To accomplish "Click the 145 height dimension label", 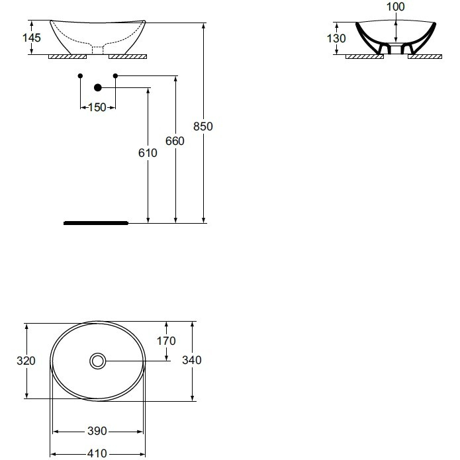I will (x=31, y=38).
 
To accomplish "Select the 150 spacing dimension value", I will (x=97, y=108).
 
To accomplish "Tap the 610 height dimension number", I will (x=148, y=153).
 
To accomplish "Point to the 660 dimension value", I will (x=175, y=141).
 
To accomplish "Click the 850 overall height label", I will (x=203, y=126).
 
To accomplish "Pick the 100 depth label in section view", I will (x=395, y=7).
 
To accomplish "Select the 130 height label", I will (x=336, y=38).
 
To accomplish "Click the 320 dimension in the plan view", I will (x=26, y=360).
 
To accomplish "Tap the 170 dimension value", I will (x=166, y=341).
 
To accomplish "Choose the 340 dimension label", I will (x=192, y=360).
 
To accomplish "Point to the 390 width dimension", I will (x=97, y=432).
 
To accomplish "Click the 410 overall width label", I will (x=97, y=454).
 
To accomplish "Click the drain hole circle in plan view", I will (x=98, y=361).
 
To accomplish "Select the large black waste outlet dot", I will (x=98, y=87).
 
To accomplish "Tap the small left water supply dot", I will (x=80, y=76).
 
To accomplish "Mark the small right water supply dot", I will (x=115, y=76).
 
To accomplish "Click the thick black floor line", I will (x=96, y=224).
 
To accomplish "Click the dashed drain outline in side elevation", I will (x=97, y=48).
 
